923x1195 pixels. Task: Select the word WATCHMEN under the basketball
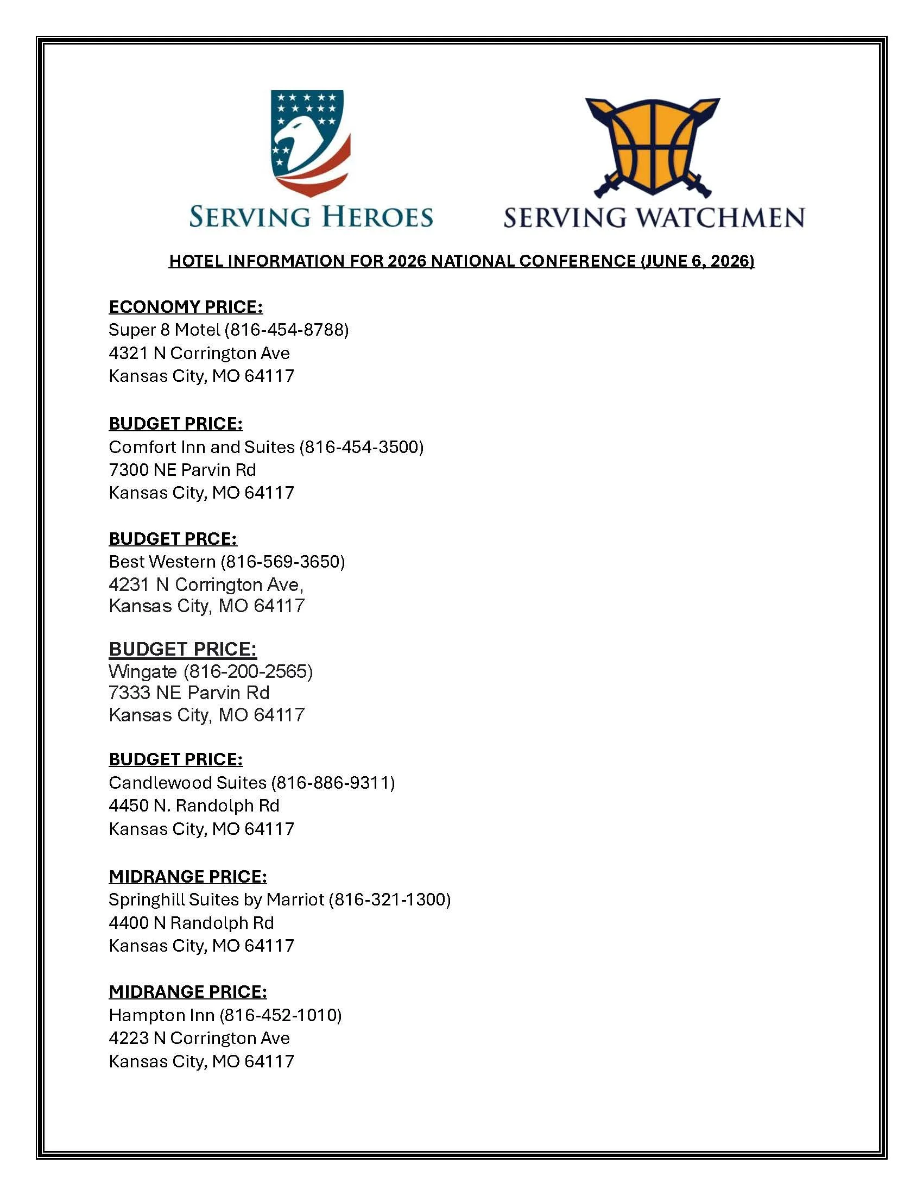[720, 218]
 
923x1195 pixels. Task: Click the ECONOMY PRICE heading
[185, 306]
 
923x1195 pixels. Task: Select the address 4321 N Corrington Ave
[199, 353]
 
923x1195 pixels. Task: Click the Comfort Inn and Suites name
[201, 447]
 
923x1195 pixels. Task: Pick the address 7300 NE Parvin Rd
[182, 470]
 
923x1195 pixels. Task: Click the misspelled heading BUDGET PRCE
[173, 538]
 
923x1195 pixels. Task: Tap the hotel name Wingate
[143, 671]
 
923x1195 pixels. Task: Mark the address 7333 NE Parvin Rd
[188, 693]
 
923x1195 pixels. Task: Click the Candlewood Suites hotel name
[187, 782]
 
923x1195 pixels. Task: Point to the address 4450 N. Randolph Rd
[194, 806]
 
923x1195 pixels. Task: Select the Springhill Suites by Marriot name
[216, 900]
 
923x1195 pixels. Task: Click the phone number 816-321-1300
[389, 900]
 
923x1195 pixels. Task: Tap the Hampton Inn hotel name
[161, 1015]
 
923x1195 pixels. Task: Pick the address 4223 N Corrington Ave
[199, 1038]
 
